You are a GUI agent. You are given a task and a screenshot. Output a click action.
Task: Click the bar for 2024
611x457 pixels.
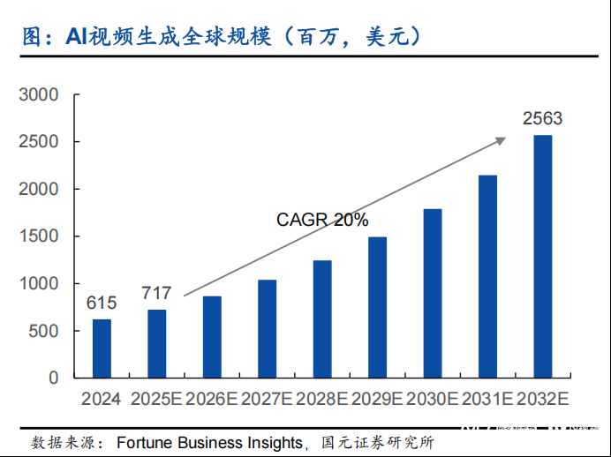click(102, 348)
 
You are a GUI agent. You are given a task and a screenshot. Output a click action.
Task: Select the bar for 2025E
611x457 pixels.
click(156, 343)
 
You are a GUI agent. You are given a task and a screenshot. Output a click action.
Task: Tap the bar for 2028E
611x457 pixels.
click(322, 318)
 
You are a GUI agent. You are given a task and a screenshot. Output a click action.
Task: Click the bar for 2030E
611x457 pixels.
click(433, 293)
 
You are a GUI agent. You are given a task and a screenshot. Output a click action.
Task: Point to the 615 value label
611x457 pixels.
click(102, 303)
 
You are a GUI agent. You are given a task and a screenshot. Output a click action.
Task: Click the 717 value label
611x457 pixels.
click(156, 293)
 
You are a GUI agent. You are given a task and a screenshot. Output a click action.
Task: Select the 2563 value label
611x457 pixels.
click(542, 118)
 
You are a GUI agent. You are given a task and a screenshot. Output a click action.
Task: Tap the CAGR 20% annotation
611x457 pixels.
click(322, 220)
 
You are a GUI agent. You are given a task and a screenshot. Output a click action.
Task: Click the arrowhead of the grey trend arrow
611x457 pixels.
click(502, 139)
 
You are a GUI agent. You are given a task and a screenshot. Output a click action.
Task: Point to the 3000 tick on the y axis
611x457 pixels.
click(40, 94)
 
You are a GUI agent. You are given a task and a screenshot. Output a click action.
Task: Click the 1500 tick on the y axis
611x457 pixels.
click(40, 236)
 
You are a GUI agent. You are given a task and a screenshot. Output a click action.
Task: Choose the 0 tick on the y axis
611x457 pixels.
click(54, 378)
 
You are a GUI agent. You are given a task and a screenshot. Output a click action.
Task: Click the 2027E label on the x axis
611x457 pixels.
click(267, 399)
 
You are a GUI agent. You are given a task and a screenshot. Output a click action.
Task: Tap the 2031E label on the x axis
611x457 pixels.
click(487, 399)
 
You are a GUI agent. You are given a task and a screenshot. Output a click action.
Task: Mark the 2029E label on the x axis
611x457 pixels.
click(377, 399)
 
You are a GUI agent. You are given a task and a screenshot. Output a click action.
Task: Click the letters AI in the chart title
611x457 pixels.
click(74, 36)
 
